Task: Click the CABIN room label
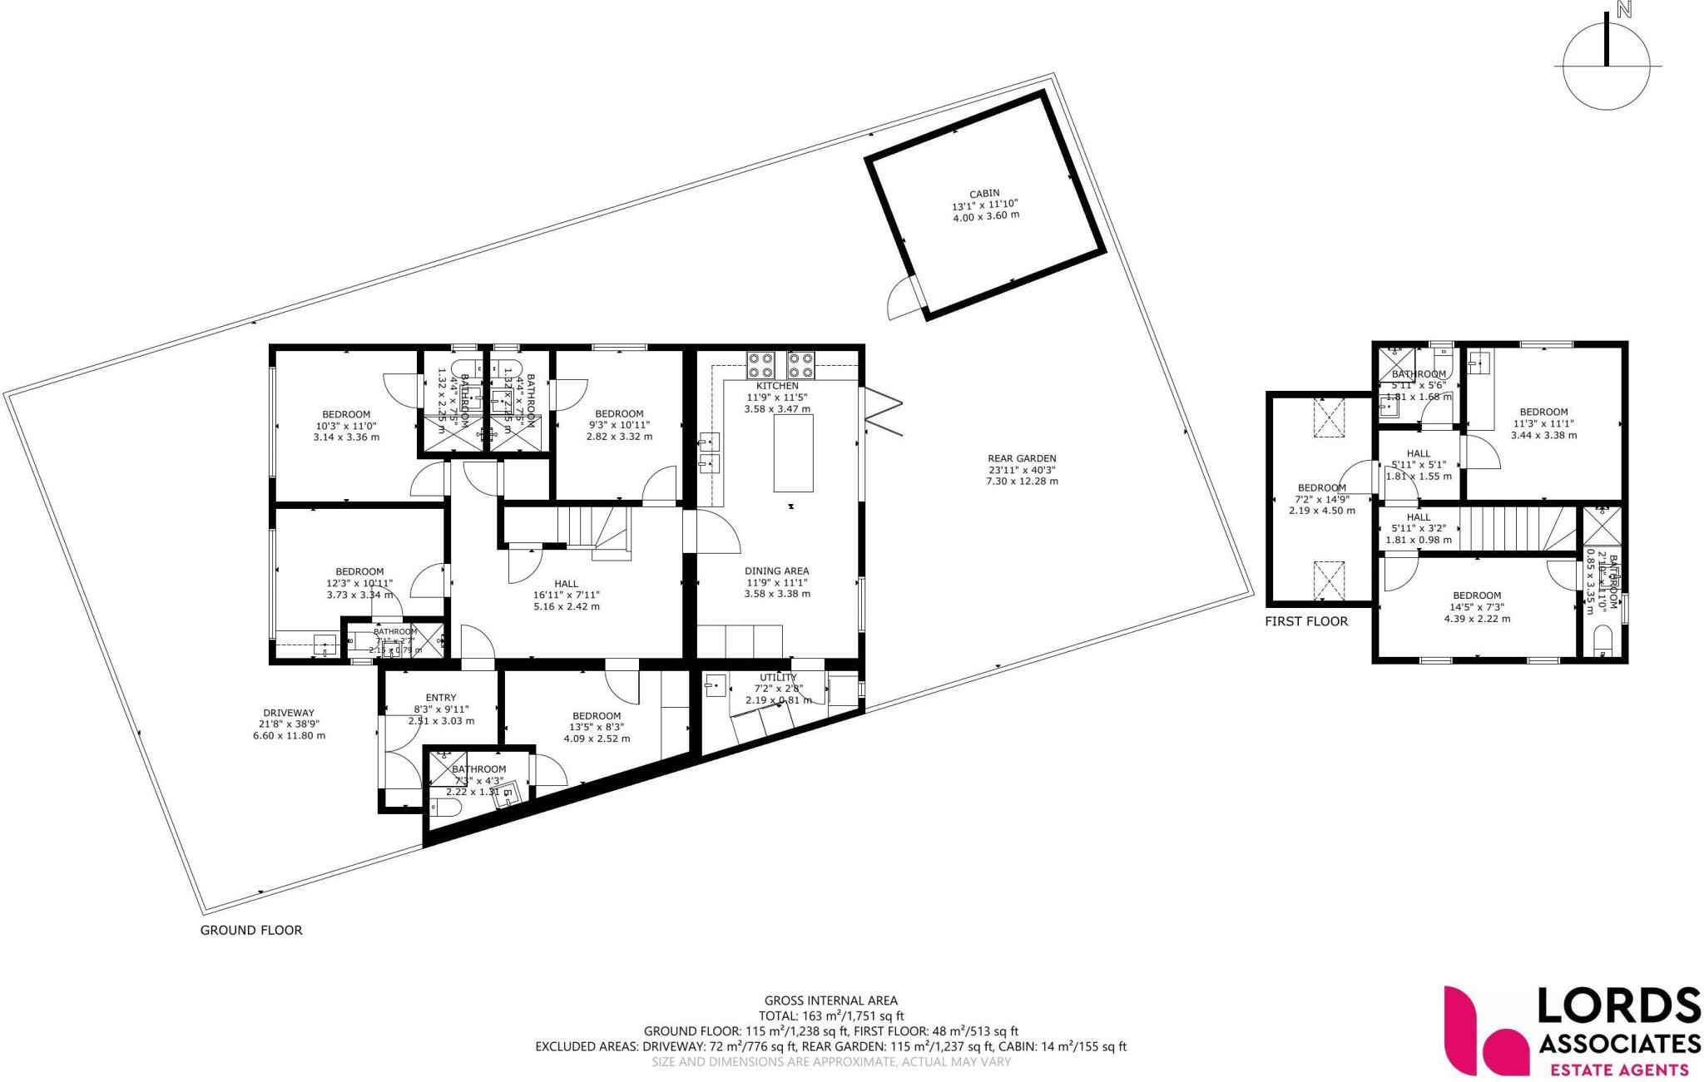point(985,193)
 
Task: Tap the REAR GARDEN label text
point(1022,458)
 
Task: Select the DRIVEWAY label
point(289,713)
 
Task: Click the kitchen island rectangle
point(793,453)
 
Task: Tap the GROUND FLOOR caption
point(251,930)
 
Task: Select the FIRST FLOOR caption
point(1306,621)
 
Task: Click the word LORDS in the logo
point(1617,1007)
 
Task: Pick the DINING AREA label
point(776,571)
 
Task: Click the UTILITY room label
point(778,678)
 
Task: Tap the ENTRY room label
point(441,698)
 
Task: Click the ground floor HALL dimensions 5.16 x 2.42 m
point(566,606)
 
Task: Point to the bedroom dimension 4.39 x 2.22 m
point(1477,618)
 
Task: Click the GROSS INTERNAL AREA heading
point(830,1001)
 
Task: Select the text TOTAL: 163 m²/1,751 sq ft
point(830,1016)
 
